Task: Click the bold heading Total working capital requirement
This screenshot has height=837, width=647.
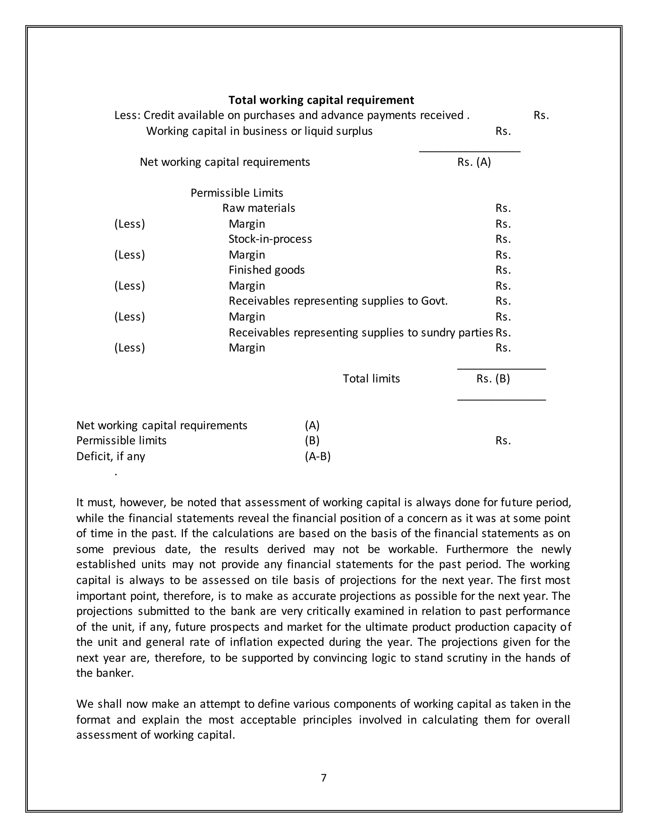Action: [x=321, y=100]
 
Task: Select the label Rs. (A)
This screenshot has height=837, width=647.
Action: [x=474, y=162]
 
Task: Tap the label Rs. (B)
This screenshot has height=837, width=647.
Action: [x=493, y=379]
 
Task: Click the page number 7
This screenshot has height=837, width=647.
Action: [x=323, y=778]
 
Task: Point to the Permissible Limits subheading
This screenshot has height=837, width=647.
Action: [x=237, y=193]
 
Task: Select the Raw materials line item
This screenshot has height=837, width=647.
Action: [x=259, y=208]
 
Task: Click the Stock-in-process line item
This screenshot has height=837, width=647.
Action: [x=270, y=239]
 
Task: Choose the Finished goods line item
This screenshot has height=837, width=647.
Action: [x=266, y=270]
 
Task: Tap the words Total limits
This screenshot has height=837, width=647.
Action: [x=371, y=379]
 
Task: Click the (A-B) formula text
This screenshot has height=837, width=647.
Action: [x=318, y=456]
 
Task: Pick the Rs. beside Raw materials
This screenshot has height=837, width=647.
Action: [x=503, y=208]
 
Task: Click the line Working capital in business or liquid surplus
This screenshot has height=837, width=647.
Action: [x=259, y=131]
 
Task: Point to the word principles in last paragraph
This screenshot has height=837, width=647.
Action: [x=327, y=720]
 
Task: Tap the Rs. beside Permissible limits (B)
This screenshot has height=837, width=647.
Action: [x=503, y=441]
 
